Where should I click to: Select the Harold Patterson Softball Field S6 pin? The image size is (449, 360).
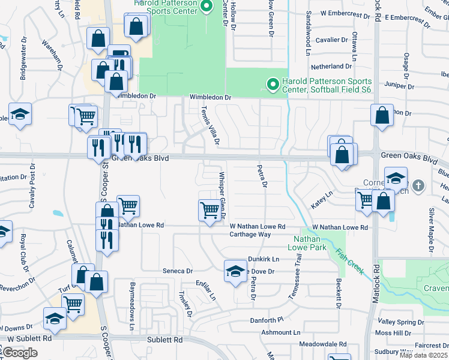pos(273,85)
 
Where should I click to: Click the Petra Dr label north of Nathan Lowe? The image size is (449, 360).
pos(262,176)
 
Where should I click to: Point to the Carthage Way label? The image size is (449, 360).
pos(252,235)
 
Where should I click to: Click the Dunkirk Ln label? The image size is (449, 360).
pos(264,259)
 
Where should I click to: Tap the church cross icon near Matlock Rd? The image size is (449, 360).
pos(419,187)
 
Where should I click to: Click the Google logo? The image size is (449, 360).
pos(20,353)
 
